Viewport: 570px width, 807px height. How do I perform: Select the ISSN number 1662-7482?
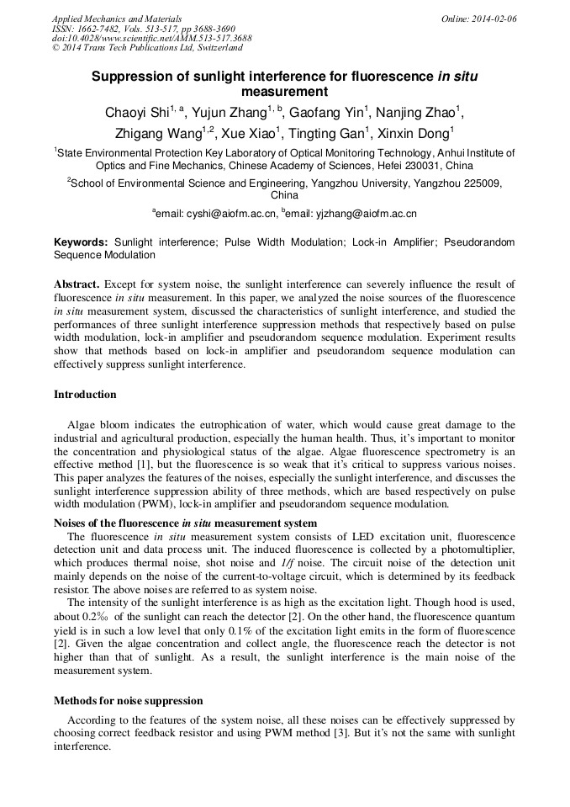pyautogui.click(x=99, y=29)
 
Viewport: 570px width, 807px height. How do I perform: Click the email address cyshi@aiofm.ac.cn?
pyautogui.click(x=216, y=214)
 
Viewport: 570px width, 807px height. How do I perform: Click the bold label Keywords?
pyautogui.click(x=81, y=242)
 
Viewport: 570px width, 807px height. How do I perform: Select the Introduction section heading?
pyautogui.click(x=85, y=395)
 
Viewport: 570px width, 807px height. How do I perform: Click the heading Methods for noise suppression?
pyautogui.click(x=128, y=700)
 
